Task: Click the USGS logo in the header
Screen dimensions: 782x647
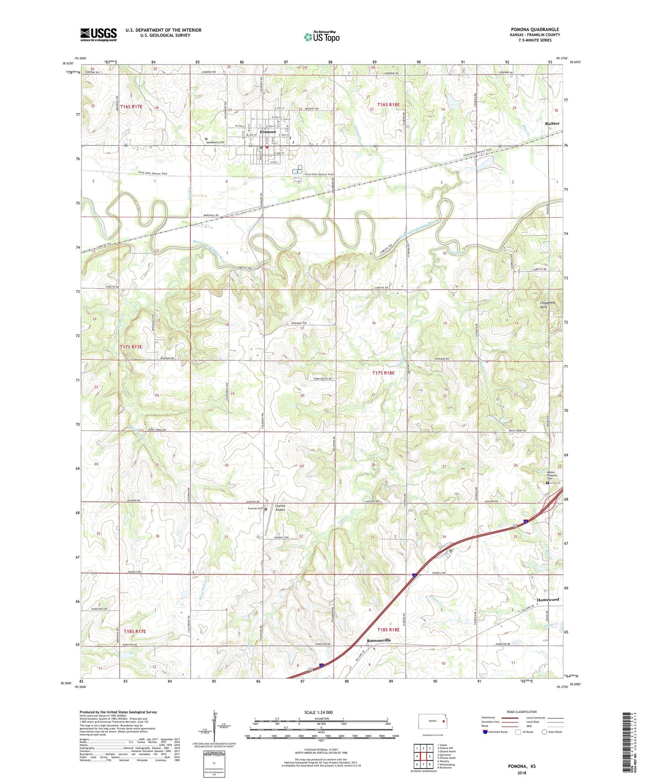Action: (98, 34)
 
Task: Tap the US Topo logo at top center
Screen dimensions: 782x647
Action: (321, 37)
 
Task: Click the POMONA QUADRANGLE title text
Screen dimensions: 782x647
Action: (535, 30)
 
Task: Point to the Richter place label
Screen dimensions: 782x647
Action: (552, 123)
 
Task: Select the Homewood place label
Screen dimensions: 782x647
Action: (548, 599)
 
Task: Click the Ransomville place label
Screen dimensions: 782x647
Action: (379, 640)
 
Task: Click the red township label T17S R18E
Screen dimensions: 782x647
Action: (384, 373)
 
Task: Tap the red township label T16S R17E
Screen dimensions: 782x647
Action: (131, 107)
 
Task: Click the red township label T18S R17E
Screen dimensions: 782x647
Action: (135, 631)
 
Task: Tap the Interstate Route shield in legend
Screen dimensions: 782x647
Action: (486, 732)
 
